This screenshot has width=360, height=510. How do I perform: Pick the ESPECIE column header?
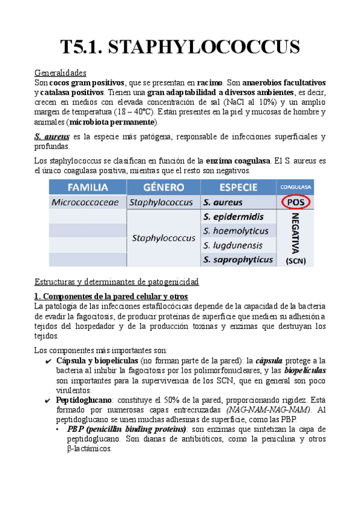click(239, 186)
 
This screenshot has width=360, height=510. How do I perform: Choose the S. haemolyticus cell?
click(236, 231)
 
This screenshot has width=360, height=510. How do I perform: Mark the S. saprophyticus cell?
click(237, 260)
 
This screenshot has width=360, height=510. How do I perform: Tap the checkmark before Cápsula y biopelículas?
click(47, 360)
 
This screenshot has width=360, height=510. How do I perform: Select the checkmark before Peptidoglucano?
click(47, 399)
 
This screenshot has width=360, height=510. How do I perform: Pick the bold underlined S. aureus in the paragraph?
click(51, 137)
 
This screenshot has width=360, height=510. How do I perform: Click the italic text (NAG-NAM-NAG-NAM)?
click(275, 410)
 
